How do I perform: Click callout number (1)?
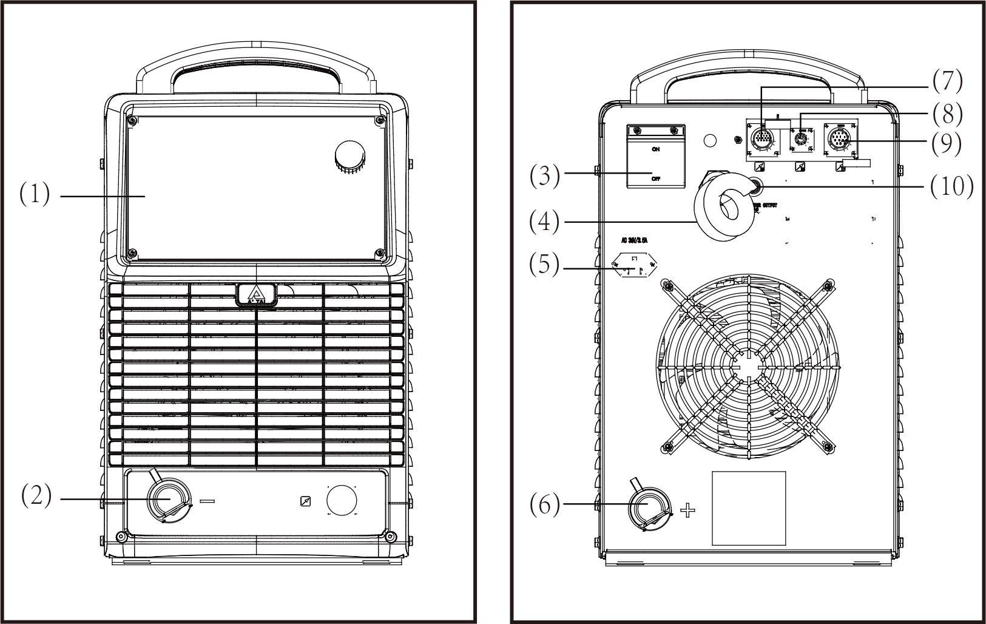coord(35,195)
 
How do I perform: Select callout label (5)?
coord(544,265)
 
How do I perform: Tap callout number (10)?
coord(951,186)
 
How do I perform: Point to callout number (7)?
coord(947,81)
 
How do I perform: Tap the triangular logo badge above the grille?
coord(257,295)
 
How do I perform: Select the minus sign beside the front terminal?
coord(207,501)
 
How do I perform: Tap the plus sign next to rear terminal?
coord(687,510)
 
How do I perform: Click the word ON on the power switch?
coord(655,149)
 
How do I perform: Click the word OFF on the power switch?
coord(655,179)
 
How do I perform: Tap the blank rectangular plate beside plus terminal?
coord(748,509)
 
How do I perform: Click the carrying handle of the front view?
coord(256,64)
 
